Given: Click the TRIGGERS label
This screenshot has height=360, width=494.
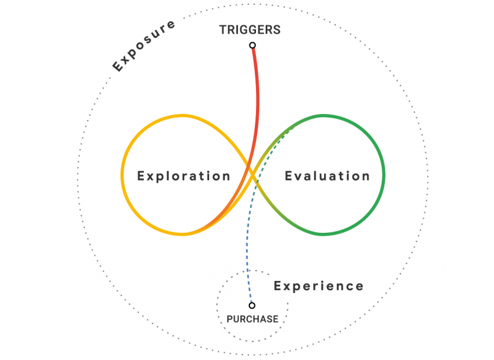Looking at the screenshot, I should point(250,30).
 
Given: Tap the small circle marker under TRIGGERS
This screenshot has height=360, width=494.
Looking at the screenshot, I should point(252,45).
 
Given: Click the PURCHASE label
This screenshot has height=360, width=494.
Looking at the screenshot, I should point(252,319).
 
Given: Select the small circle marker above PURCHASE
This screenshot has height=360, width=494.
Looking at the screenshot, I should point(252,306).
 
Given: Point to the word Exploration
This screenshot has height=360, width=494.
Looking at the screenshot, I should point(184,176).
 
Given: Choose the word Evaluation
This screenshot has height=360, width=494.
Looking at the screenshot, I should point(327,176).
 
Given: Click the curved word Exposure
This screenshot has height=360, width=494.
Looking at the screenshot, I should point(144,46).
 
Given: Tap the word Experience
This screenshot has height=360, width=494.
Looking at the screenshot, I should point(319,286).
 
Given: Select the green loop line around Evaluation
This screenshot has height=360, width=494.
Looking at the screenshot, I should point(384,175).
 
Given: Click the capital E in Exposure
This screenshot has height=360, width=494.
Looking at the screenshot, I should point(118,66).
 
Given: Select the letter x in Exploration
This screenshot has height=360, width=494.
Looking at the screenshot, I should point(149,176).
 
